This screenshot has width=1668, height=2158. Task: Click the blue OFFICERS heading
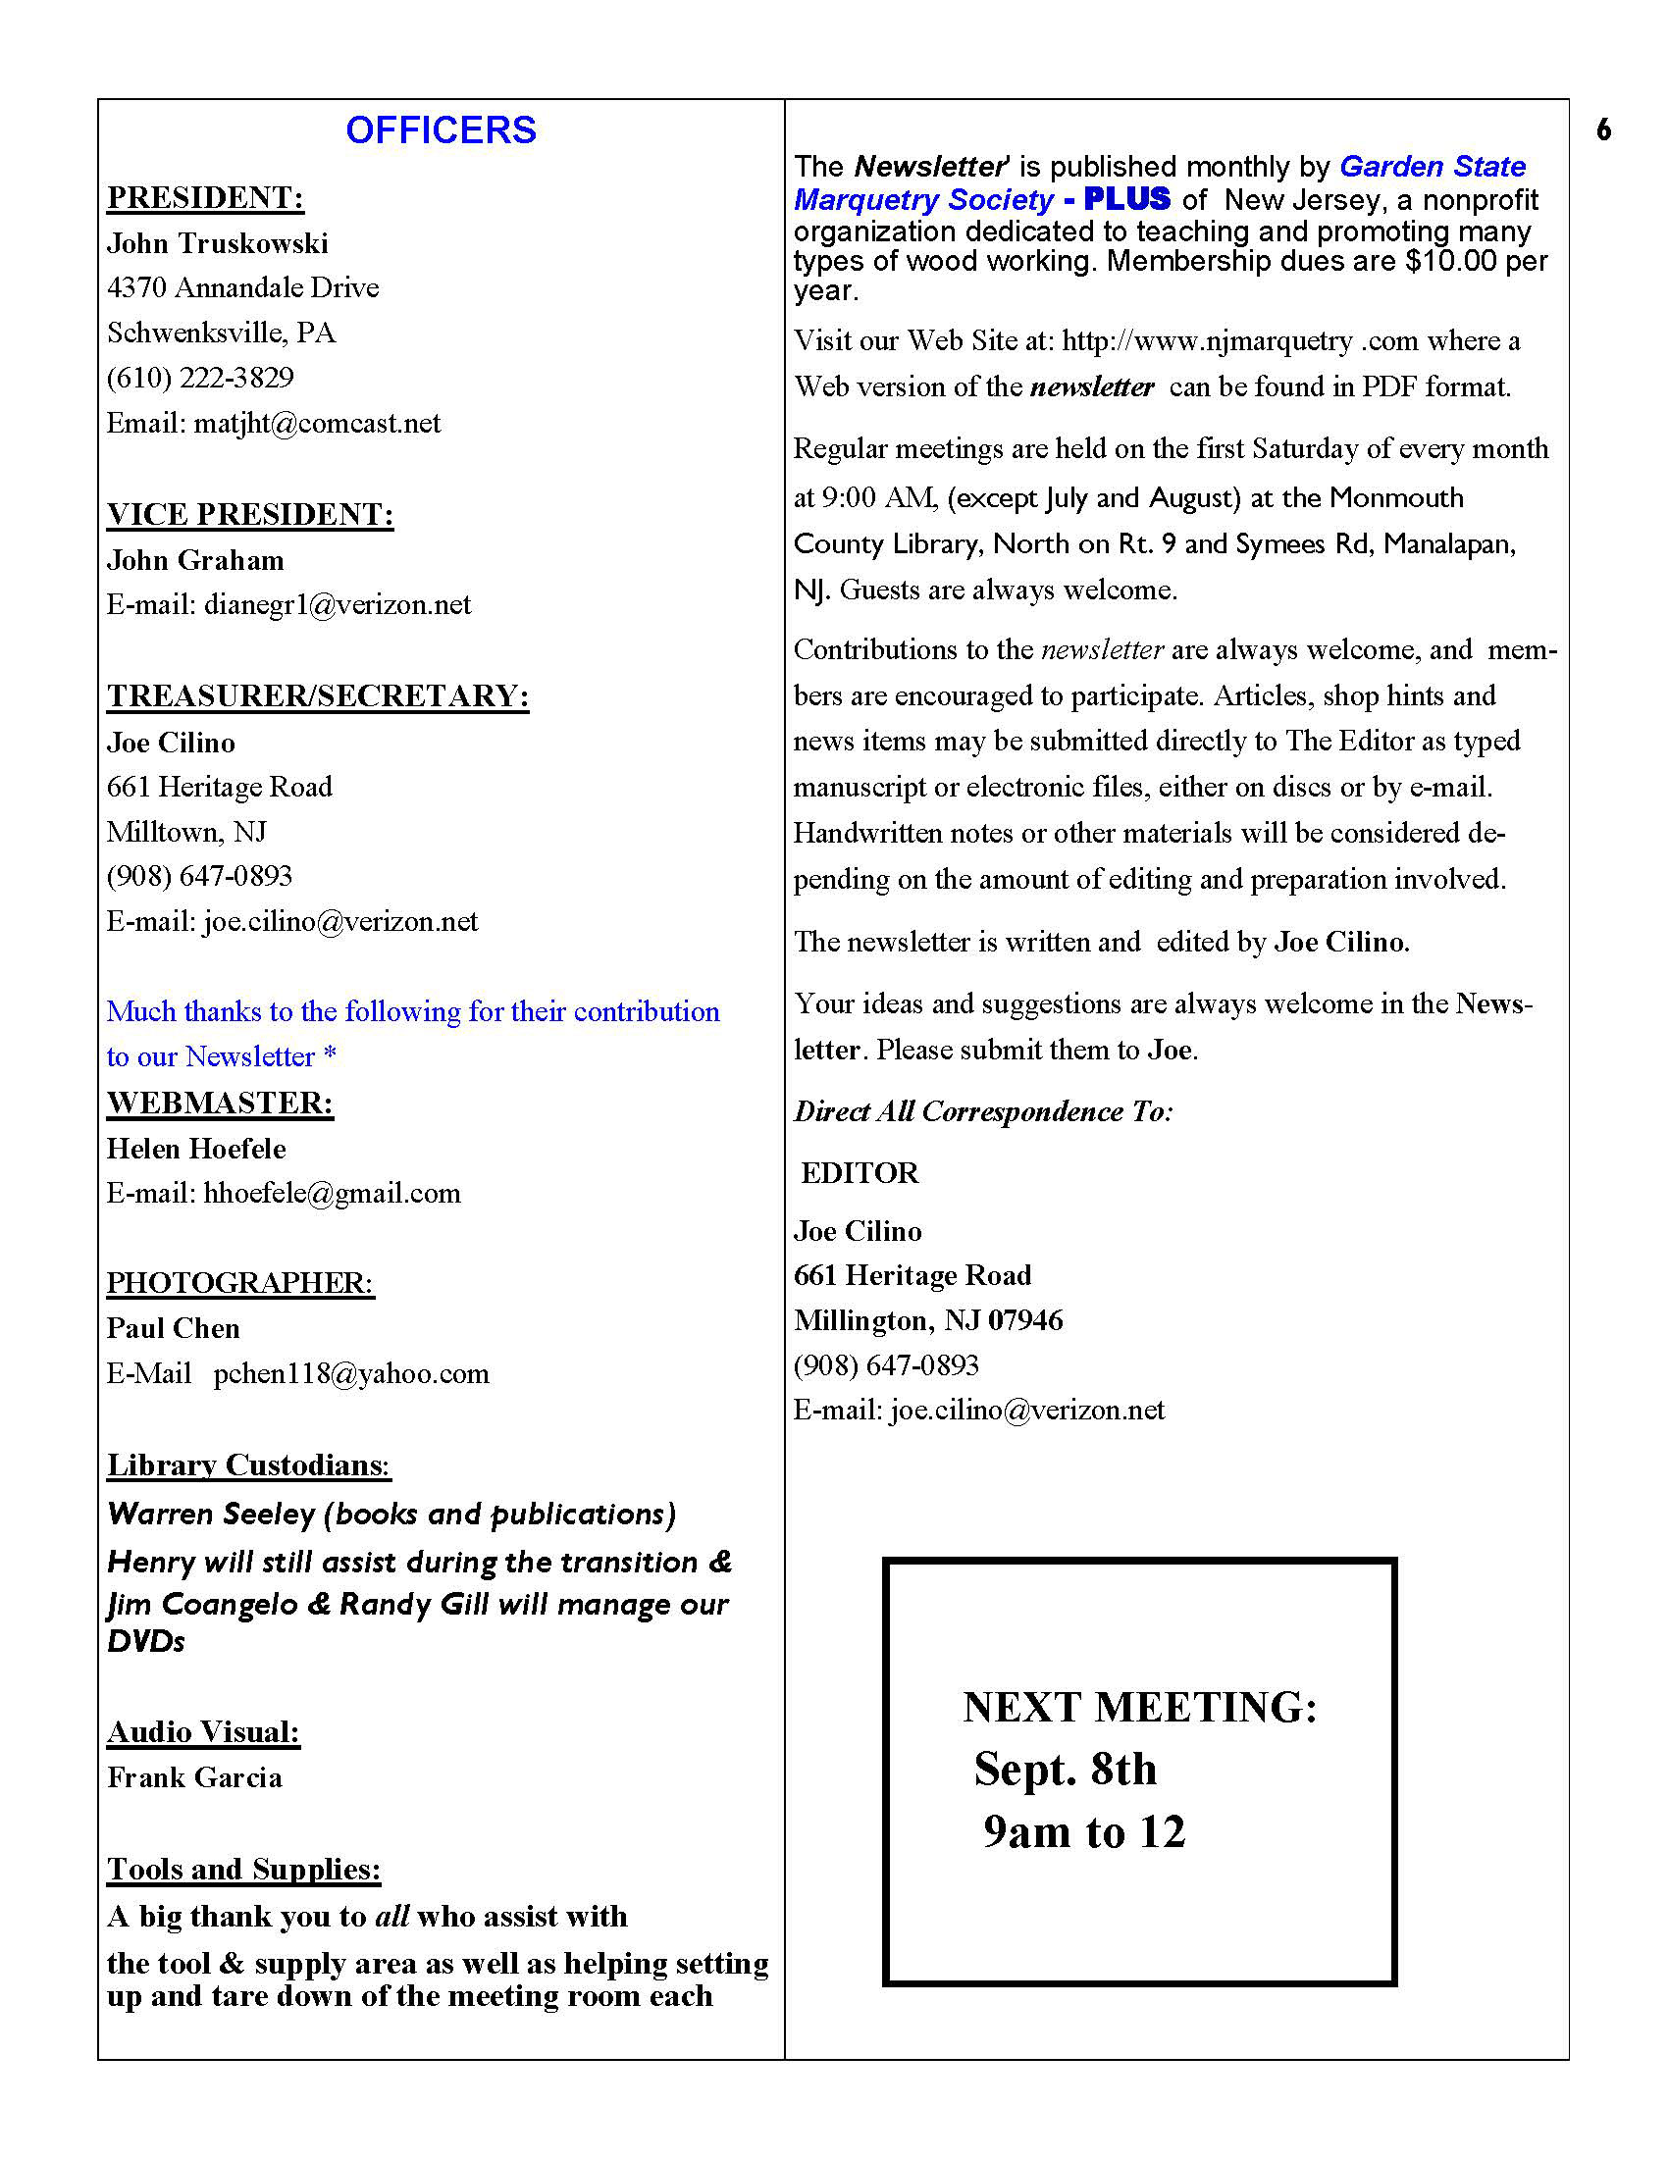[x=441, y=130]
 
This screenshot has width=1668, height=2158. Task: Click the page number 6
[x=1603, y=129]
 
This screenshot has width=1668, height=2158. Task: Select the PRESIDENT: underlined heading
[x=205, y=197]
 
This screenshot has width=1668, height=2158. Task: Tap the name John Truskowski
[x=218, y=243]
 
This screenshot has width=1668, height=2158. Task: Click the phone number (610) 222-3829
[x=200, y=378]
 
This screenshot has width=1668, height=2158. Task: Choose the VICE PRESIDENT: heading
[x=250, y=514]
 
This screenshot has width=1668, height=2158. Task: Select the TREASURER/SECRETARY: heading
[x=317, y=695]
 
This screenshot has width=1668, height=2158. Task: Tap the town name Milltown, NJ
[x=186, y=832]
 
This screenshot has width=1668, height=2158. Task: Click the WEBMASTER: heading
[x=220, y=1103]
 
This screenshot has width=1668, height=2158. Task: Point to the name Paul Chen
[x=173, y=1328]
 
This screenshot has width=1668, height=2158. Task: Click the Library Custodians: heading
[x=248, y=1464]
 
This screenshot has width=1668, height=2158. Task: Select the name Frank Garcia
[x=194, y=1777]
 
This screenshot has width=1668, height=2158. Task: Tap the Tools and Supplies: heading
[x=243, y=1869]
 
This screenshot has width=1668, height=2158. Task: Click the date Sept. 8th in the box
[x=1065, y=1770]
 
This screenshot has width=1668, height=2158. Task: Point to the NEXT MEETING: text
[x=1139, y=1708]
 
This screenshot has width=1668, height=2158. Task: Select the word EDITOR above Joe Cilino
[x=859, y=1173]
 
